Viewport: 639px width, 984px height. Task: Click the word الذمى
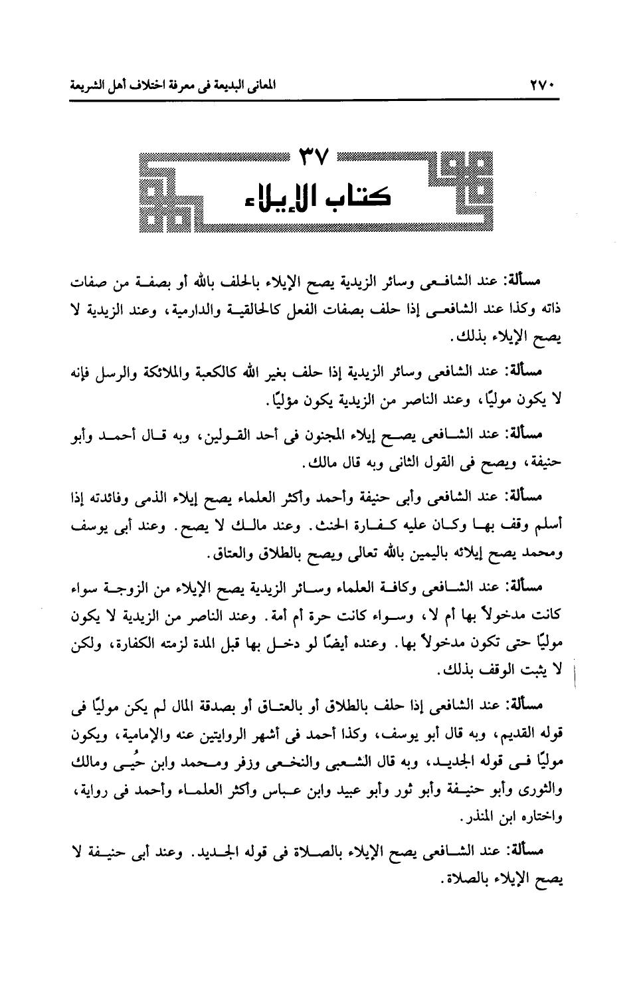click(159, 498)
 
